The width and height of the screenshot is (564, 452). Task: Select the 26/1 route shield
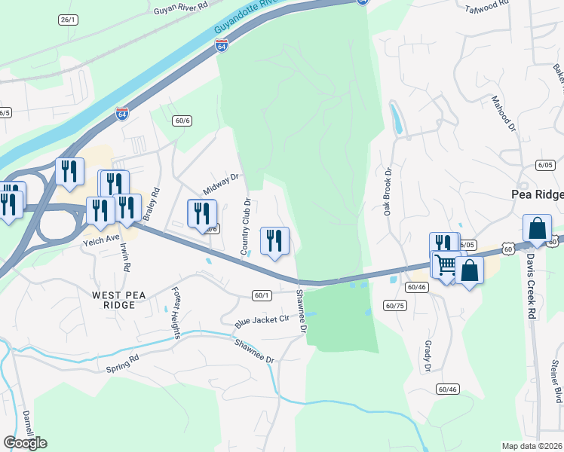pos(68,19)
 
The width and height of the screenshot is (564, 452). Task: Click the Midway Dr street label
pos(220,185)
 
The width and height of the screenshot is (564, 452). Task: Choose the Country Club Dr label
pos(246,225)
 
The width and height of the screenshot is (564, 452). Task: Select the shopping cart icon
pos(445,265)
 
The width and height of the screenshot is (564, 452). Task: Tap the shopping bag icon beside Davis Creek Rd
pos(537,228)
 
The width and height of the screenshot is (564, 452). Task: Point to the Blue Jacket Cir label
pos(262,319)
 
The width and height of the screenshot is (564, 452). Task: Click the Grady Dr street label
pos(428,355)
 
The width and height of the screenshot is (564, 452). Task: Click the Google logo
pos(25,443)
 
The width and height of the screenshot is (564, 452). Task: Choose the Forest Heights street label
pos(176,313)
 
